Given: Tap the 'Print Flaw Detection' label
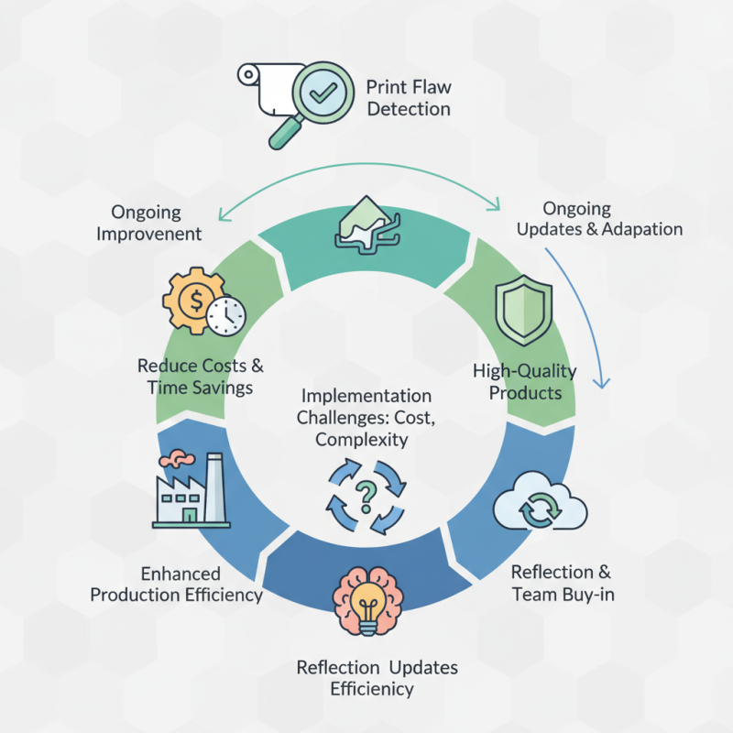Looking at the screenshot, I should (x=408, y=99).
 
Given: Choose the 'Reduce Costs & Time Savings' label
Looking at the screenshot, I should (x=200, y=377).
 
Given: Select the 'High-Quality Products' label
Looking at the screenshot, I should (x=524, y=382).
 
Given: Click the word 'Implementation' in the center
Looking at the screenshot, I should (x=366, y=397).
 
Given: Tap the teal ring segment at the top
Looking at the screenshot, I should (x=366, y=243).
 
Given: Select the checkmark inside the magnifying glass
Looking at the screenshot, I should (x=322, y=93).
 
